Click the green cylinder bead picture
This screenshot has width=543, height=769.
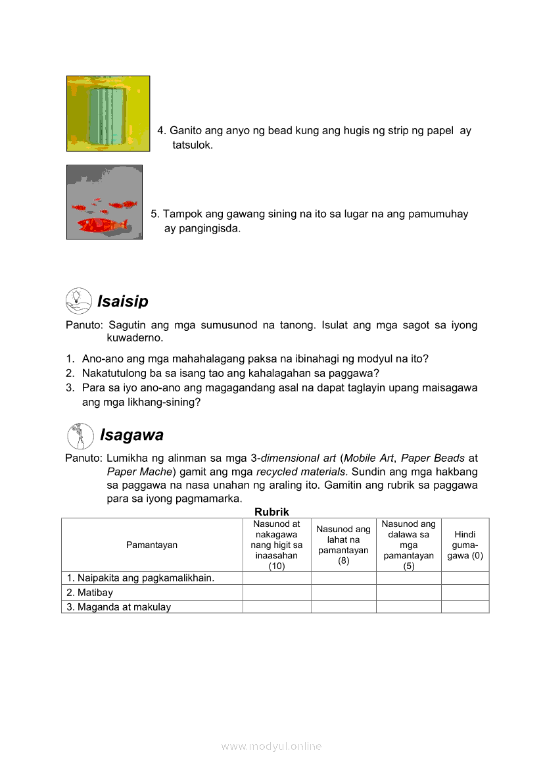(x=107, y=113)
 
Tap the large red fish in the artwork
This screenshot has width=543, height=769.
(x=102, y=225)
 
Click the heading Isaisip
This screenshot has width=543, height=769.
(x=123, y=301)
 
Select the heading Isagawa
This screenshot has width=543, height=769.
(x=131, y=435)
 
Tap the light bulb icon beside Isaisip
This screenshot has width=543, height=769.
(x=78, y=301)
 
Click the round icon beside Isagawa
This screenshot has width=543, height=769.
(x=80, y=436)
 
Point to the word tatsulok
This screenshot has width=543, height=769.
(x=193, y=145)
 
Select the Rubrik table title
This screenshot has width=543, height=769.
(x=271, y=511)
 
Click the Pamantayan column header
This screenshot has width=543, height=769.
(x=152, y=545)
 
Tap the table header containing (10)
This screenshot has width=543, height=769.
(x=276, y=545)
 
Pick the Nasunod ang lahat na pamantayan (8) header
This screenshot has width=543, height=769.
(x=343, y=545)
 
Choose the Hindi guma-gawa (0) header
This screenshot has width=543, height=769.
(x=465, y=545)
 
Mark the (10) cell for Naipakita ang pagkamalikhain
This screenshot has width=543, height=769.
(x=276, y=578)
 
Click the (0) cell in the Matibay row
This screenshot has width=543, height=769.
(x=465, y=593)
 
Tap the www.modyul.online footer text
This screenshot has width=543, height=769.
(x=271, y=746)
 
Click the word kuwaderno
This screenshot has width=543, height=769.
(x=135, y=338)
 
